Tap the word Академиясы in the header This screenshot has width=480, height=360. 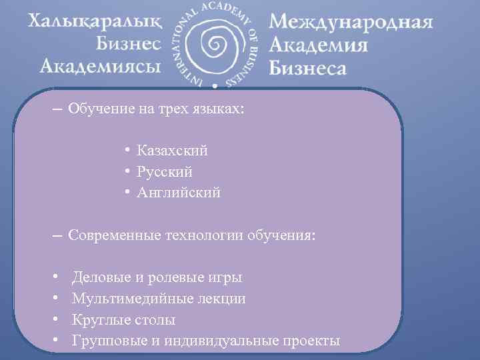pyautogui.click(x=100, y=65)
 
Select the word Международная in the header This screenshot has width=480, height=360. pyautogui.click(x=351, y=24)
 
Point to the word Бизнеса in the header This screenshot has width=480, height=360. pyautogui.click(x=308, y=67)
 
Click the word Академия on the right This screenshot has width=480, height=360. pyautogui.click(x=319, y=45)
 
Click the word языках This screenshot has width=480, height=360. pyautogui.click(x=220, y=109)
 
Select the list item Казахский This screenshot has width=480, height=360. pyautogui.click(x=172, y=151)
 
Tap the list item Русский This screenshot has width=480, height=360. pyautogui.click(x=165, y=172)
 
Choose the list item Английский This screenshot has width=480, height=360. pyautogui.click(x=178, y=193)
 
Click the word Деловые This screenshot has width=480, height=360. pyautogui.click(x=99, y=277)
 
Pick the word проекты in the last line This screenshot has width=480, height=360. pyautogui.click(x=311, y=341)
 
